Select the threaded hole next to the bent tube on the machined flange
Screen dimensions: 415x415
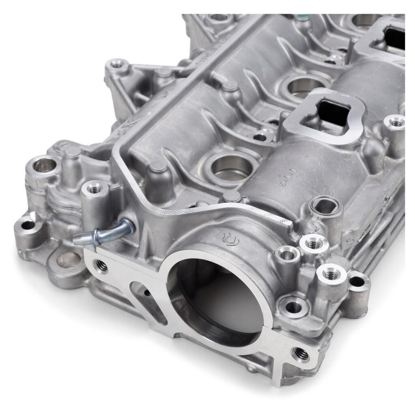[x=101, y=266]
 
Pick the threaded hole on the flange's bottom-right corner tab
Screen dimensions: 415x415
[x=300, y=355]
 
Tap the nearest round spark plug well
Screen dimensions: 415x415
[x=232, y=166]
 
